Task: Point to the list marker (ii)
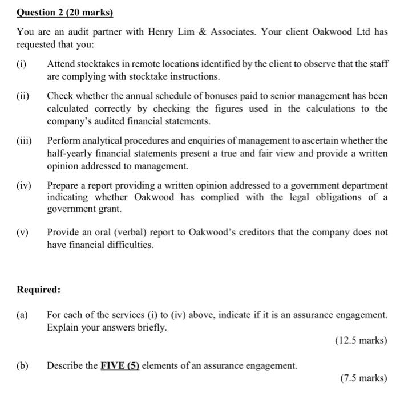[x=23, y=96]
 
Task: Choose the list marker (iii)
[x=25, y=140]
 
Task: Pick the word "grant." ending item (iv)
[x=110, y=209]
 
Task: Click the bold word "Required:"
[x=38, y=289]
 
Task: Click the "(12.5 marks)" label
[x=360, y=341]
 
